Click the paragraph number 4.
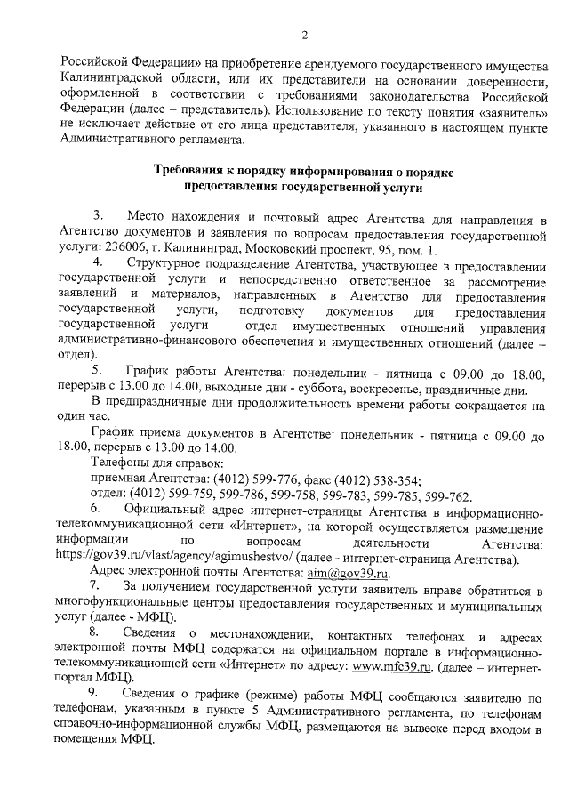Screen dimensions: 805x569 tap(99, 265)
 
